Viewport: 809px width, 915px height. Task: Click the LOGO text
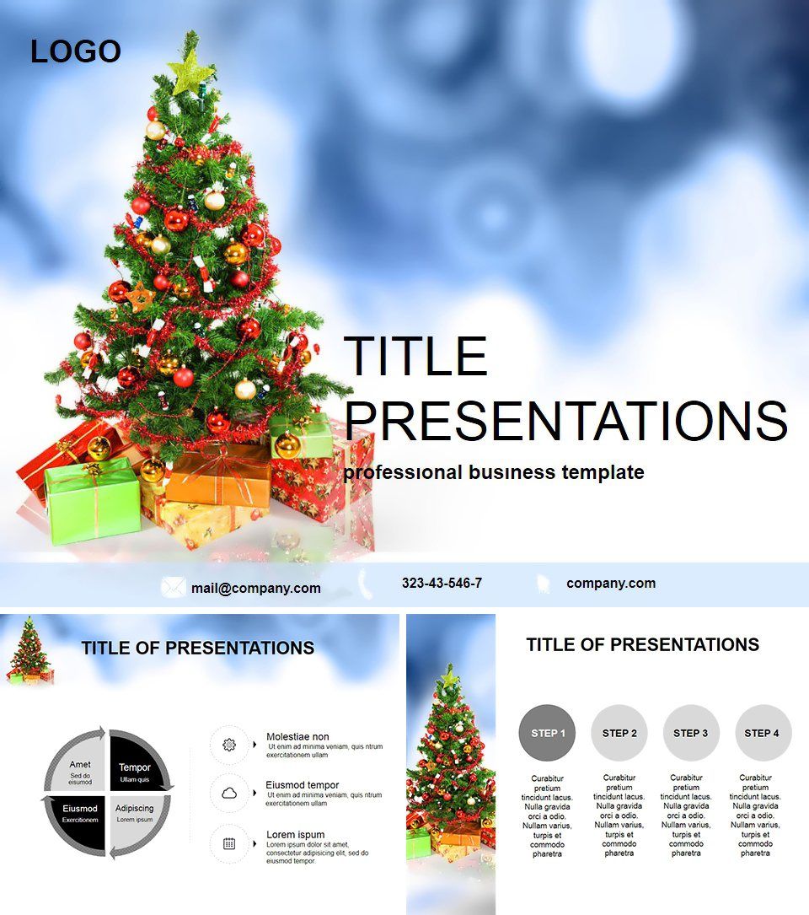76,52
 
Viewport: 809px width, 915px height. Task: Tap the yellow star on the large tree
191,68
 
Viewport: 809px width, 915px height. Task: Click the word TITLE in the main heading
416,356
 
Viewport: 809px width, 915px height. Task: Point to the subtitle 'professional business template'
493,472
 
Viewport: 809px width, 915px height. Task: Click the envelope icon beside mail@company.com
174,587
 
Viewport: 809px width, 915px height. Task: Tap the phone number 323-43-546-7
442,583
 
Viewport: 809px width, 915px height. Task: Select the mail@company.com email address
255,588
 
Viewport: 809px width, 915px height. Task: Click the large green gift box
92,504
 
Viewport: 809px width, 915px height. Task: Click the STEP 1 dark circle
548,733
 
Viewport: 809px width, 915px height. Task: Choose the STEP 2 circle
619,733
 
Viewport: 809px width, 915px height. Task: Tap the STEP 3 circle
691,733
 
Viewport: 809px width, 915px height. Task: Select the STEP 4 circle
763,733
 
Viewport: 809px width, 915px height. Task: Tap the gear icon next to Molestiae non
228,745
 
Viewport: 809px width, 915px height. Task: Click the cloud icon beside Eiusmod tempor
228,794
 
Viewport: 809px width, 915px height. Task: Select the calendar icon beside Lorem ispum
228,842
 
